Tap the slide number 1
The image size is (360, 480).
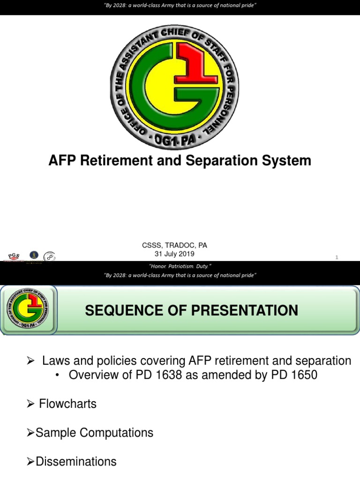(x=337, y=257)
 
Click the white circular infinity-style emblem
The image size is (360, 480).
(x=49, y=256)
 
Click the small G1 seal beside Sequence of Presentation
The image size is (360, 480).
(x=29, y=310)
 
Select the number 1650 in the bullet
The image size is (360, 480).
(x=300, y=376)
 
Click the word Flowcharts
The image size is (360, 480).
(x=68, y=404)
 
